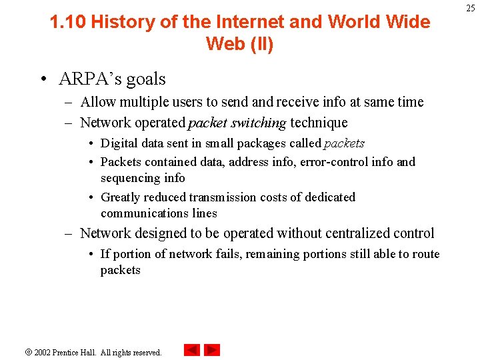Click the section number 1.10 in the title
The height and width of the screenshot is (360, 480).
tap(68, 22)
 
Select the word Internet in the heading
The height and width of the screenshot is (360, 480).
tap(252, 22)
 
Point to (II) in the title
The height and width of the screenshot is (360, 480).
tap(260, 44)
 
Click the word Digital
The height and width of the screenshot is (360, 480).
tap(119, 143)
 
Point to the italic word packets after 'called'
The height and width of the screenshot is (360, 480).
tap(344, 143)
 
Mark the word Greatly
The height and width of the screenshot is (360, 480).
tap(121, 197)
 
